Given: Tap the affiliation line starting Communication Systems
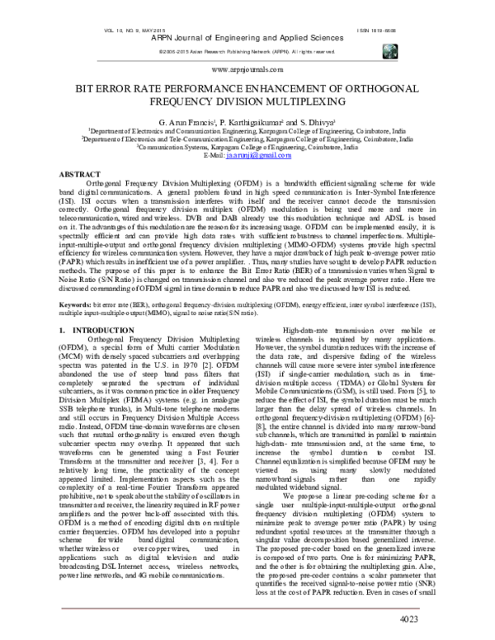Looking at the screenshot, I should [247, 147].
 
